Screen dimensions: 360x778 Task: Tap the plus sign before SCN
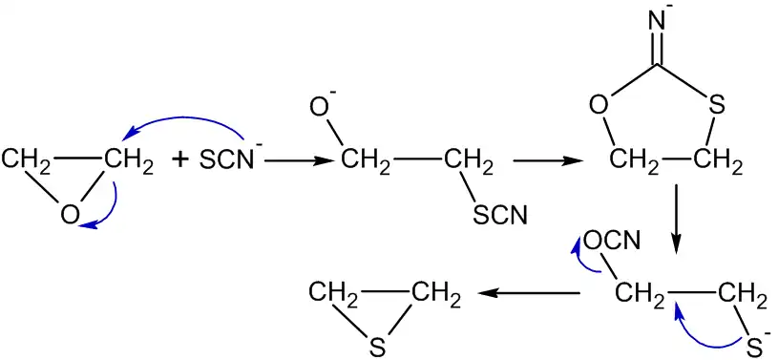(x=181, y=159)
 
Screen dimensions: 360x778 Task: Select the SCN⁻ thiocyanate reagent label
(x=229, y=160)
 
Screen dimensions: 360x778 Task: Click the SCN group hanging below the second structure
(x=500, y=218)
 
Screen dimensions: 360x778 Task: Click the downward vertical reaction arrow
(x=676, y=218)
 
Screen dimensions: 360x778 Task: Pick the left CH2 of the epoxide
(x=27, y=160)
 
